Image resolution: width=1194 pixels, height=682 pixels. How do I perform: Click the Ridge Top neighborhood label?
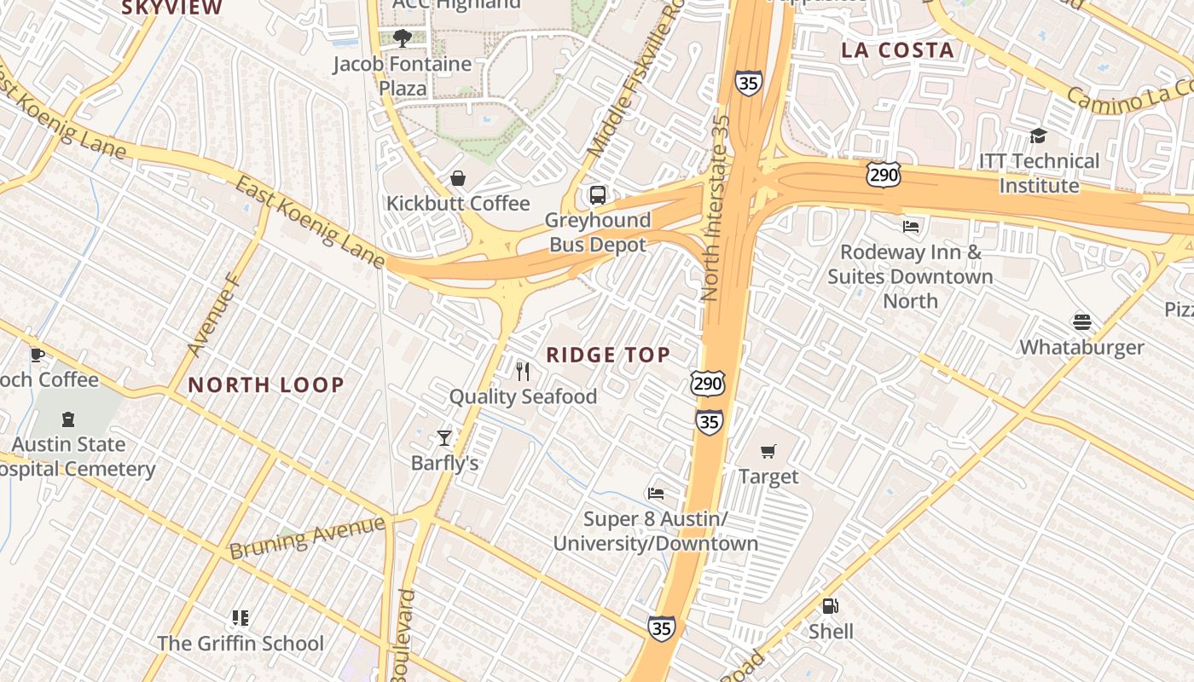[608, 355]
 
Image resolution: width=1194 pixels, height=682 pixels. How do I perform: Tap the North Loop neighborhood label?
[266, 384]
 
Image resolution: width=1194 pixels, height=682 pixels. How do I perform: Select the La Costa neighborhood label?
[897, 50]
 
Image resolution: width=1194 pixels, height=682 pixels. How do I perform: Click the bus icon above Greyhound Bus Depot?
[598, 195]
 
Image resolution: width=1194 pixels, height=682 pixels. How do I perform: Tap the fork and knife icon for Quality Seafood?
[523, 372]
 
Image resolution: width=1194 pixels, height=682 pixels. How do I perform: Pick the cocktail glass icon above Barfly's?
[444, 438]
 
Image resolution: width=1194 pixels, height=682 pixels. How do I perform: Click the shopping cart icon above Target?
[768, 452]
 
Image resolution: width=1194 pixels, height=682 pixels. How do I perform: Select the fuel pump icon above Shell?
[830, 606]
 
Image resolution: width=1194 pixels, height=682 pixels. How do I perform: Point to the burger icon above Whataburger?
[1082, 322]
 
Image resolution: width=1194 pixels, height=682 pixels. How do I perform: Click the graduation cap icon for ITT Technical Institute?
[1038, 136]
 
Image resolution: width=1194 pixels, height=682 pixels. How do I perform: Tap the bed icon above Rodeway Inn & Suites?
[911, 227]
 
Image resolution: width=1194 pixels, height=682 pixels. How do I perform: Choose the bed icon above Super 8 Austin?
[655, 494]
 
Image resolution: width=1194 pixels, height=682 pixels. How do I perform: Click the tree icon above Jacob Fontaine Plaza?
[403, 38]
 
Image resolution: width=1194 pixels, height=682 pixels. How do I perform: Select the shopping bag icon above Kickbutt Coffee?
[458, 178]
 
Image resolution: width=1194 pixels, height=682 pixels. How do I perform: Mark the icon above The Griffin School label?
[241, 618]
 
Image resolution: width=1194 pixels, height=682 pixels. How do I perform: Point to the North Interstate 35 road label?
[715, 209]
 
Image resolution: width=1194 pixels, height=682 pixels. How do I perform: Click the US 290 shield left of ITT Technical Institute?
[883, 175]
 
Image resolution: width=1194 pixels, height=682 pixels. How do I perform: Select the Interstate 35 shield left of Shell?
[661, 628]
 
